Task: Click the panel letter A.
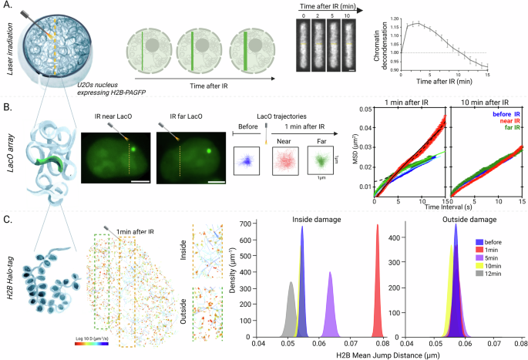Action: pyautogui.click(x=6, y=6)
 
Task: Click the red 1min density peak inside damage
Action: pyautogui.click(x=378, y=278)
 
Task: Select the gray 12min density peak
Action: pyautogui.click(x=291, y=308)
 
